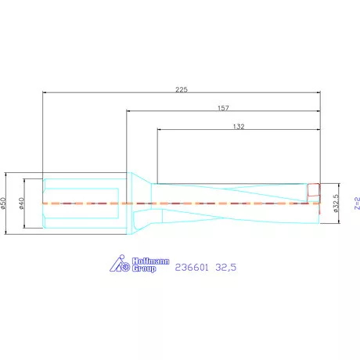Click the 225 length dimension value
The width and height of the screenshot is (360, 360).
pos(182,88)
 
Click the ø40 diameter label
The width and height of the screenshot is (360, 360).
pos(22,203)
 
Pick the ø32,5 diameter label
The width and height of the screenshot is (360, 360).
pos(335,203)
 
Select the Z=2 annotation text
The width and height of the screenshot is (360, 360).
pos(355,203)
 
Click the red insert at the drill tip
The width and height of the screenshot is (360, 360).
pos(314,191)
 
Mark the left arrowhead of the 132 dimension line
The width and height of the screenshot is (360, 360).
pos(160,130)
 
